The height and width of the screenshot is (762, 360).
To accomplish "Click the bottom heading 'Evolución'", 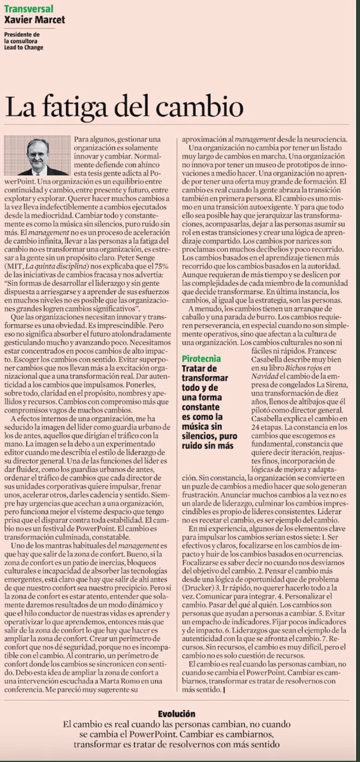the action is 180,714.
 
